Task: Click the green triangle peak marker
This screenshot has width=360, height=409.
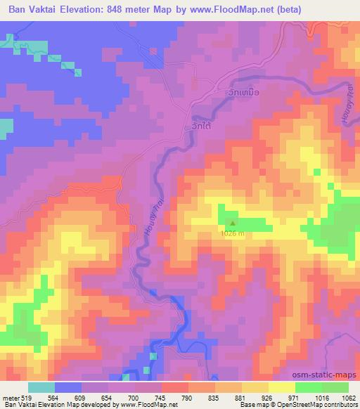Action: click(232, 226)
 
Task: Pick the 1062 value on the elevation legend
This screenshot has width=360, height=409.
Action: click(348, 398)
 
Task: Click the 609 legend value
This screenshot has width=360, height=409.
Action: click(82, 398)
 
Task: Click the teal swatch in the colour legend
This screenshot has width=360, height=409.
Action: click(41, 388)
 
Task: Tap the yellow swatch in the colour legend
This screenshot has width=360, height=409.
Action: click(281, 388)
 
